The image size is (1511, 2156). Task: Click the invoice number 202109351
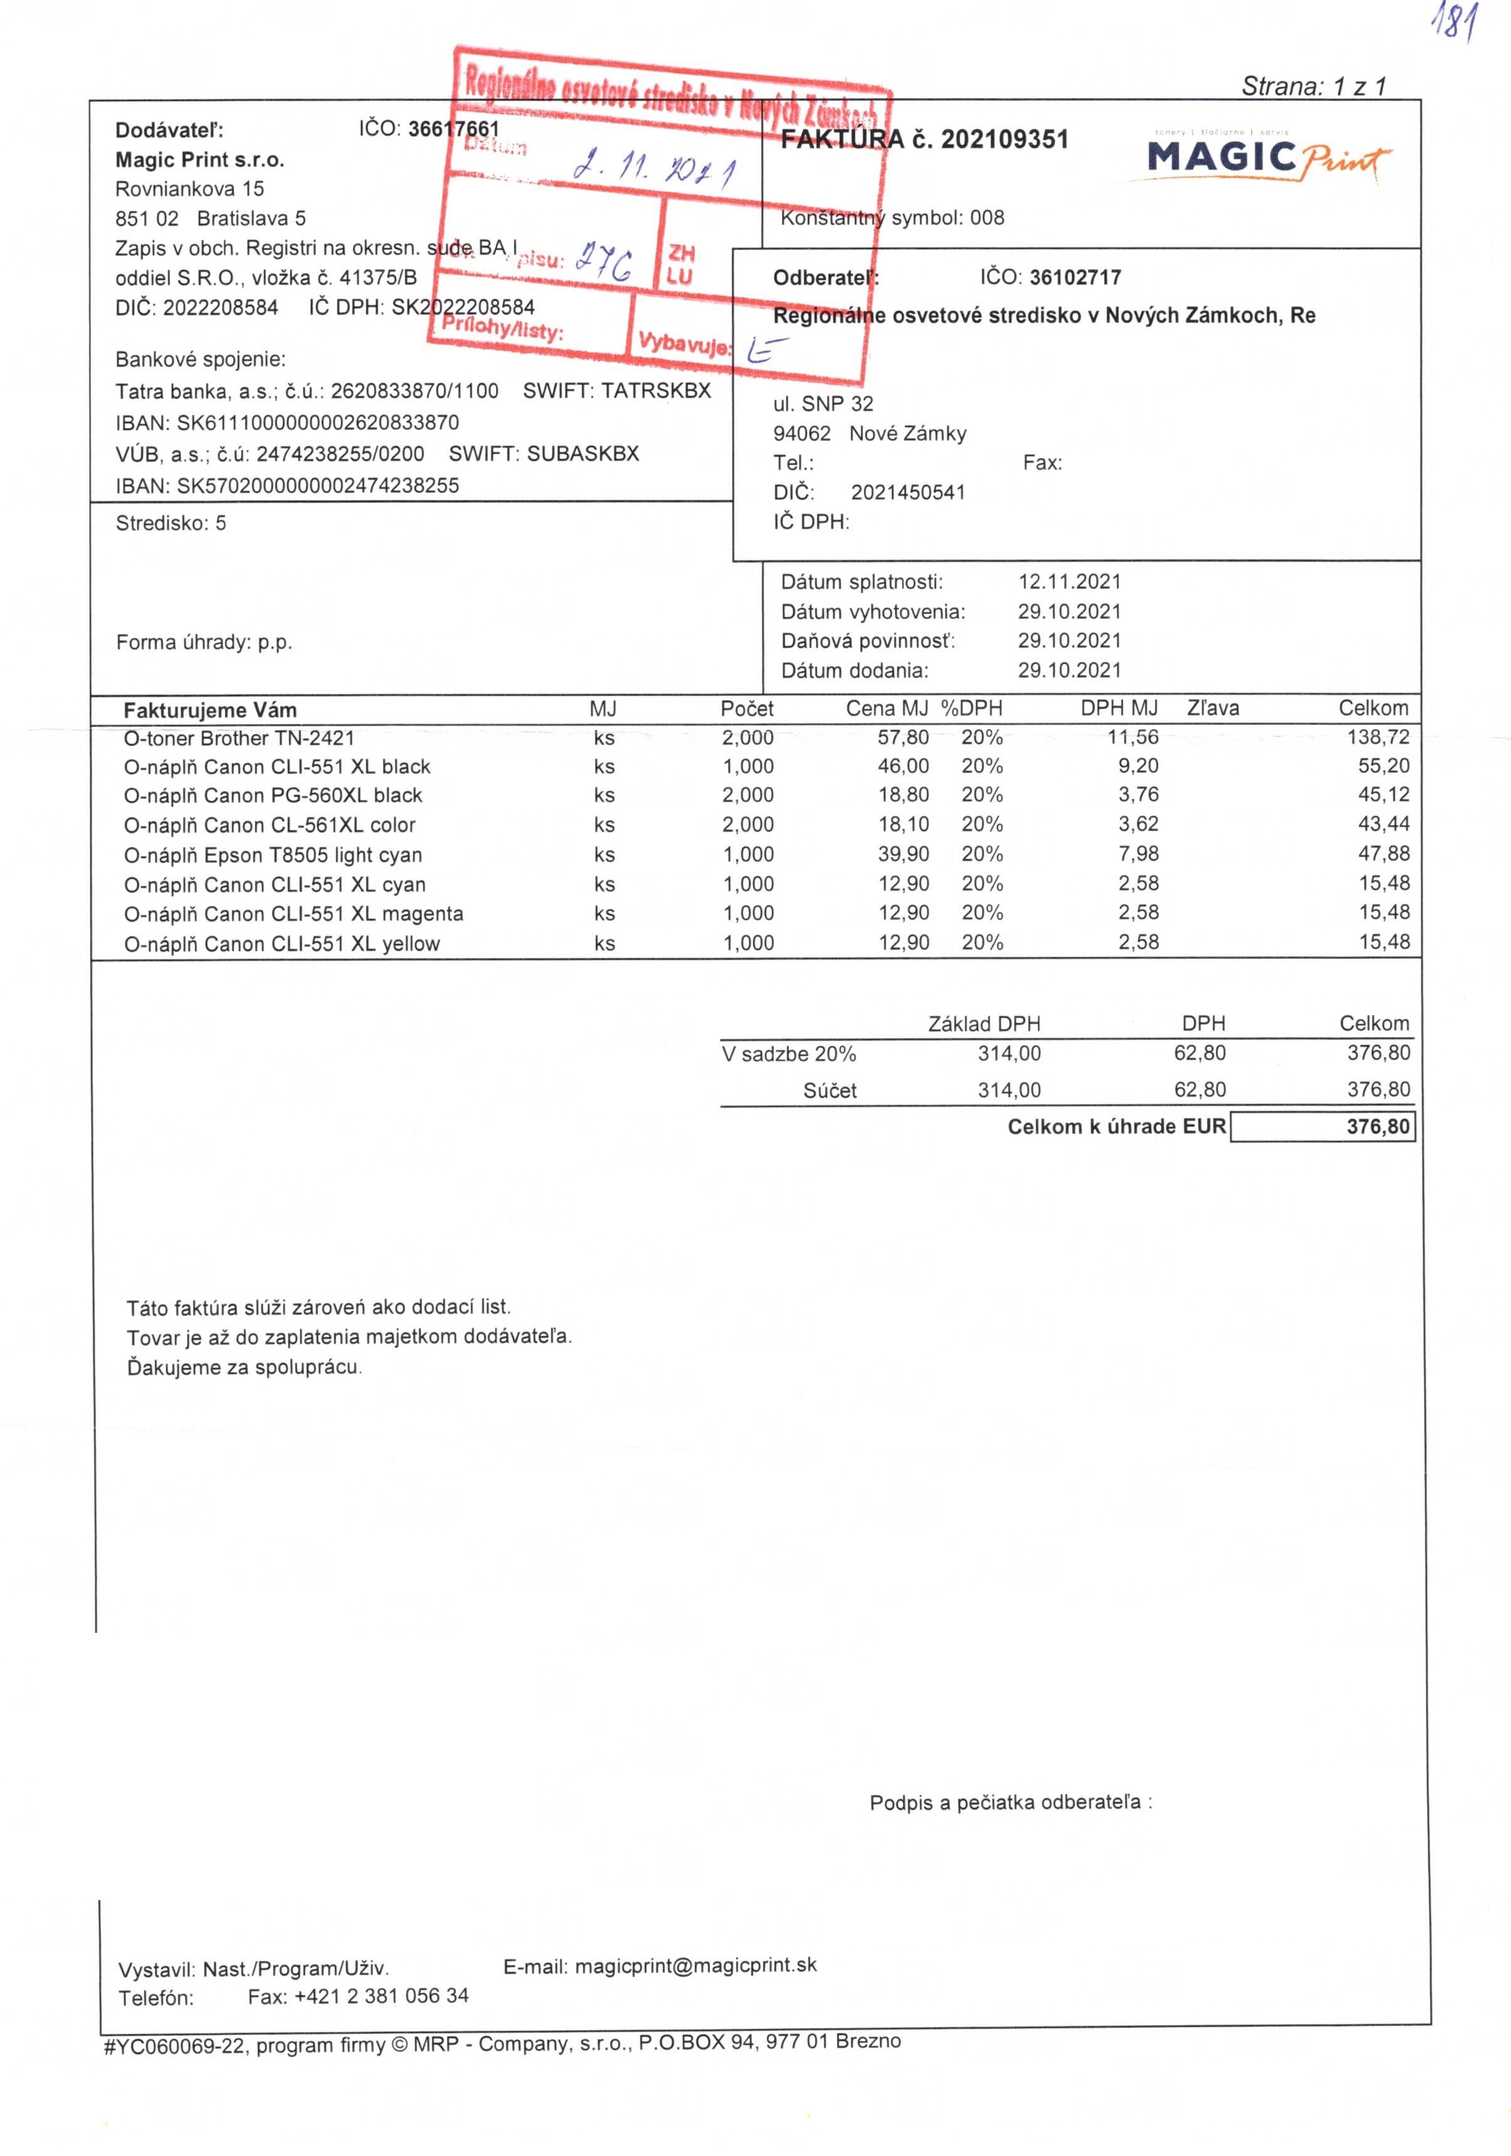[x=1004, y=140]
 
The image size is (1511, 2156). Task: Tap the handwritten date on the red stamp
[x=655, y=168]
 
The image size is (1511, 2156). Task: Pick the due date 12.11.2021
[x=1069, y=581]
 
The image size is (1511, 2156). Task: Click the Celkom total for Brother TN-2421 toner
[x=1377, y=737]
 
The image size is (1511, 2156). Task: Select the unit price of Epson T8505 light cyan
[x=903, y=854]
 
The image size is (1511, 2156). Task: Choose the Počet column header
[x=746, y=708]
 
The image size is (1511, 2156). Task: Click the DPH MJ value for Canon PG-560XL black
[x=1137, y=794]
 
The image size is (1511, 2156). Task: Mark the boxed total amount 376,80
[x=1377, y=1126]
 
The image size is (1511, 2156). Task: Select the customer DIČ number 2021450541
[x=907, y=492]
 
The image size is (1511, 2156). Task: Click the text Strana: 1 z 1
[x=1313, y=87]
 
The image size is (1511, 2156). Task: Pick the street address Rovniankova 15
[x=189, y=189]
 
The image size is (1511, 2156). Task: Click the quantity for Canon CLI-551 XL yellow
[x=748, y=943]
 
